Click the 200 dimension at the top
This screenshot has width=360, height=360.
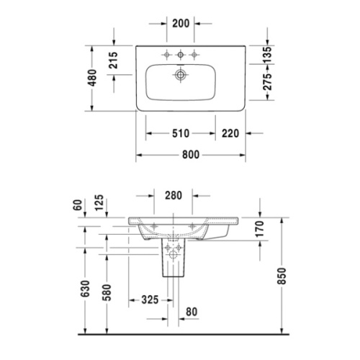(181, 24)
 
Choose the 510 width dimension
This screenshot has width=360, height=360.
(181, 133)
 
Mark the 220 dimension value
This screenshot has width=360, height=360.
(231, 133)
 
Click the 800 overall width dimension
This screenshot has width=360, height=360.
(191, 155)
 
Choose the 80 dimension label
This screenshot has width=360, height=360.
(190, 312)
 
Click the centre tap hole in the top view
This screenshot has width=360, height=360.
(180, 55)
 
